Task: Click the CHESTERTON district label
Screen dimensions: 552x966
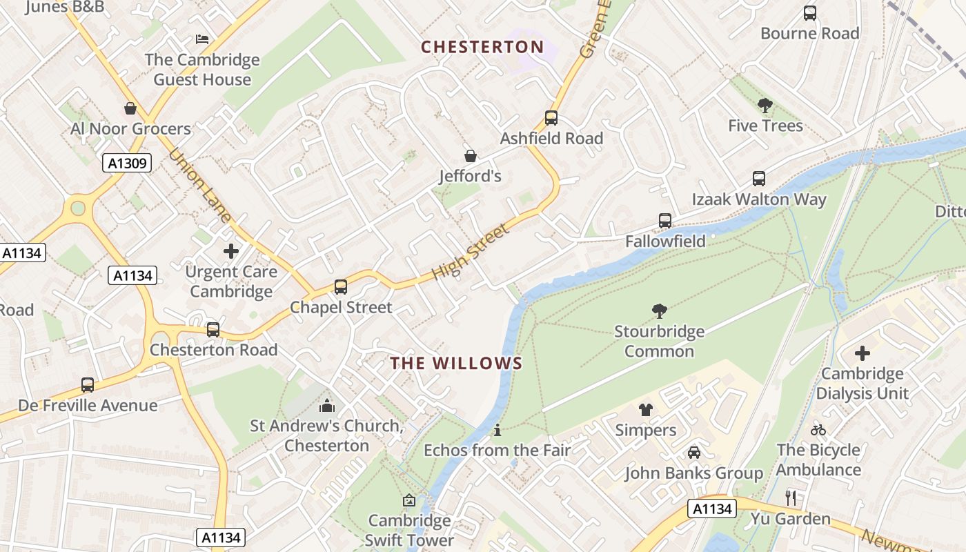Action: click(482, 47)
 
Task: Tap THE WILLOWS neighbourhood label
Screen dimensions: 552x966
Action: click(456, 363)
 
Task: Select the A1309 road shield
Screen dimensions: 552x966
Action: click(126, 163)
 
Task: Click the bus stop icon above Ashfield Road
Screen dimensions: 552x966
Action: click(551, 118)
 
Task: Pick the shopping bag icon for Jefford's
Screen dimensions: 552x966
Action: click(470, 156)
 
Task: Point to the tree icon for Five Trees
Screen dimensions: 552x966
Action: click(765, 106)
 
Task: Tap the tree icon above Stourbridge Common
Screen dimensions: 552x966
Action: click(659, 311)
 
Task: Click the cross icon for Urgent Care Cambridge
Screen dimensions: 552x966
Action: click(231, 251)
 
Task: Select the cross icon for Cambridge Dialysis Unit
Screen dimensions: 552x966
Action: click(862, 353)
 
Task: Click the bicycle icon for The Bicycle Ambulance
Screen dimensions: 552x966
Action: click(818, 430)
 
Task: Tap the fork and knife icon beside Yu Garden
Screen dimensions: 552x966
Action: click(791, 497)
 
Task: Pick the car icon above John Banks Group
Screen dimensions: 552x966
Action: click(693, 453)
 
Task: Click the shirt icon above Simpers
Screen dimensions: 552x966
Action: click(645, 410)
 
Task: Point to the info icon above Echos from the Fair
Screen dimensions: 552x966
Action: click(497, 431)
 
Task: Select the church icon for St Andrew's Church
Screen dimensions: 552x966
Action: click(327, 406)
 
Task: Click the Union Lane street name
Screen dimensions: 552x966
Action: click(199, 186)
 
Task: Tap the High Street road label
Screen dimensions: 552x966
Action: click(471, 251)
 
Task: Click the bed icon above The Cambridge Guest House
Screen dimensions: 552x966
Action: click(201, 39)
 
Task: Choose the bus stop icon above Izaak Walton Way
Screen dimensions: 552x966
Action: click(759, 179)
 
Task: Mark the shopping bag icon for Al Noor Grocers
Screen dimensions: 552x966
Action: click(130, 108)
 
